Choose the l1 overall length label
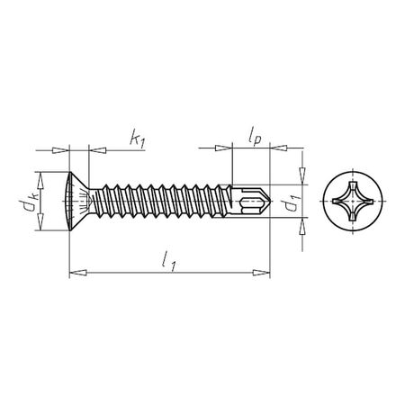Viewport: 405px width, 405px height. click(x=167, y=260)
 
